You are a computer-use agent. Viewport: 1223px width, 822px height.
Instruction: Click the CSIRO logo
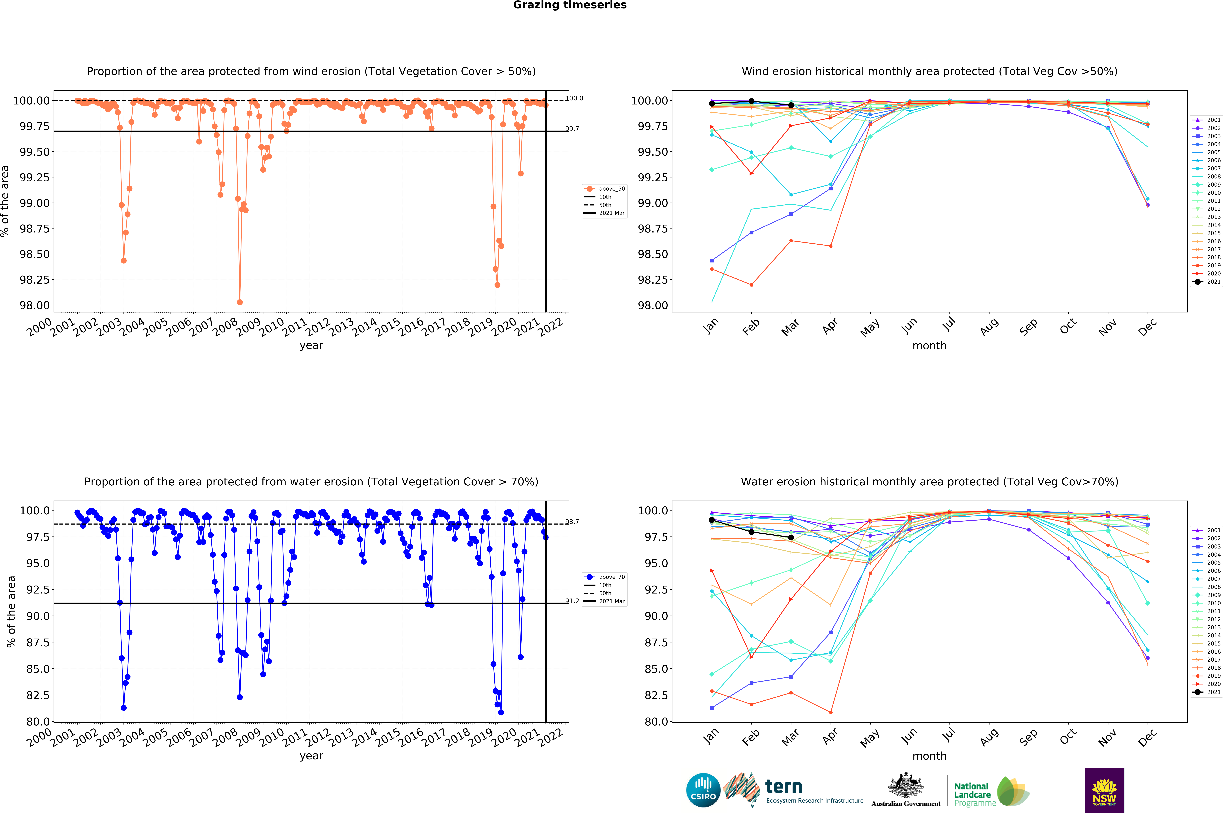click(x=703, y=790)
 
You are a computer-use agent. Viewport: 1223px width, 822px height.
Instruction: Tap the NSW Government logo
click(x=1104, y=790)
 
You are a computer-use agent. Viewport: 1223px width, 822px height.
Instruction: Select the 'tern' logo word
click(x=784, y=786)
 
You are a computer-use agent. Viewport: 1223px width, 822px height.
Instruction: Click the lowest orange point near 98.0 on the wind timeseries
click(x=240, y=302)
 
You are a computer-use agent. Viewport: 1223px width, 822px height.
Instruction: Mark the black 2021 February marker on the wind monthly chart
click(x=751, y=101)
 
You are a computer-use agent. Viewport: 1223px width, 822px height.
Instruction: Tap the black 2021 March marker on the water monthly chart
click(x=791, y=537)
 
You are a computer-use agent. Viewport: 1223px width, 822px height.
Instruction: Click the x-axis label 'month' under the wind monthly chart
click(x=929, y=345)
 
